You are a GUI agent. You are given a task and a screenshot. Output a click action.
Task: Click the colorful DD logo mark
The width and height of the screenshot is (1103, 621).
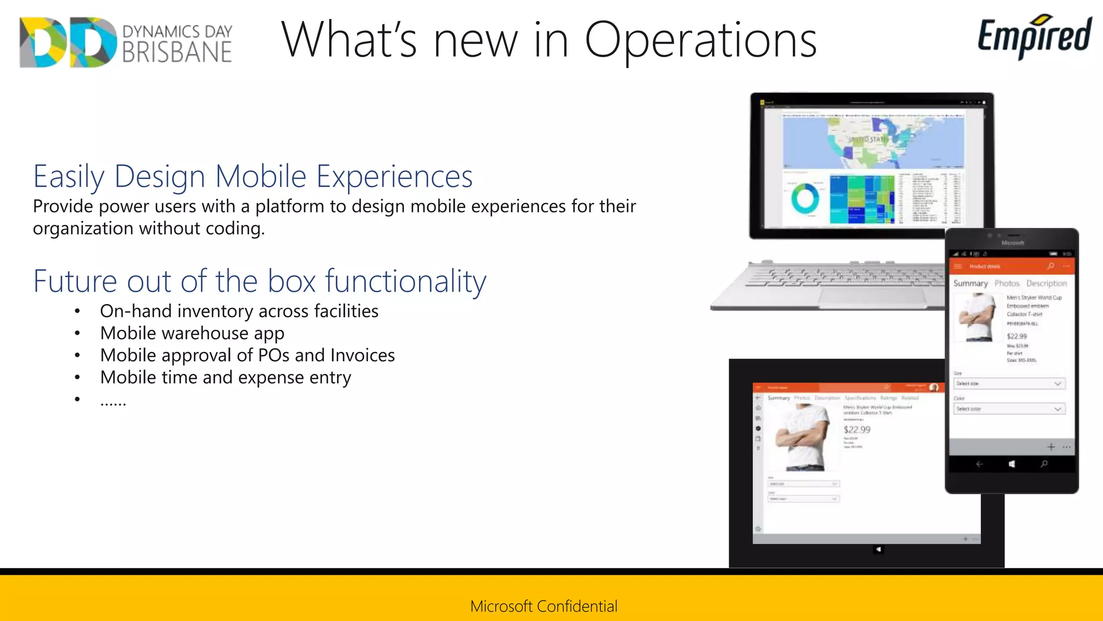click(x=67, y=42)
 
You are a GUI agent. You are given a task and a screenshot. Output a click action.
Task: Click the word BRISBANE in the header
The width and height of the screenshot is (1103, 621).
click(x=177, y=53)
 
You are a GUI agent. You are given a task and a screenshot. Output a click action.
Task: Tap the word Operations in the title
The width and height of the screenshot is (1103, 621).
click(x=700, y=40)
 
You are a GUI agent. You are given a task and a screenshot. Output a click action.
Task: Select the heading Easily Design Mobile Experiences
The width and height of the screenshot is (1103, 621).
click(x=253, y=176)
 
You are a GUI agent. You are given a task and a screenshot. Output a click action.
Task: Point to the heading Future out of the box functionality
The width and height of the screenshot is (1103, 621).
click(x=260, y=281)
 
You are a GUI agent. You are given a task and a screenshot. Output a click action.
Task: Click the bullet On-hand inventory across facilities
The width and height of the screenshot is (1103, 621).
click(x=239, y=311)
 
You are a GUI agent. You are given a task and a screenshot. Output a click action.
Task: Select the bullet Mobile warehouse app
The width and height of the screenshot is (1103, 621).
click(x=192, y=333)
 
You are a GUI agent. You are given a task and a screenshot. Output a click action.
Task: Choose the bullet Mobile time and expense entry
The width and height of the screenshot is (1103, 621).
click(x=225, y=377)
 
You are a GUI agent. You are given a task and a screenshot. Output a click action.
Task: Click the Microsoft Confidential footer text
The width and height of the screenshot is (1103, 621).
click(x=543, y=606)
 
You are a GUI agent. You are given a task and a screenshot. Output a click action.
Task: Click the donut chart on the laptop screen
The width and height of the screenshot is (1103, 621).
click(x=805, y=198)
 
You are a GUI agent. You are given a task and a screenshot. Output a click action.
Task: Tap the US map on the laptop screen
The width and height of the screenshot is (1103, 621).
click(x=872, y=141)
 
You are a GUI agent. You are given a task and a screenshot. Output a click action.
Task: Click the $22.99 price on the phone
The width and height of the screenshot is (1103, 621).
click(x=1017, y=336)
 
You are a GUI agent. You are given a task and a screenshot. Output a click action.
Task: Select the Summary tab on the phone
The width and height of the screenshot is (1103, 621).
click(x=971, y=283)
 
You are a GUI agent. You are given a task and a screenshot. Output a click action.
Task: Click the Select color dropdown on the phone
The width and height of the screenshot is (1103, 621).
click(x=1009, y=409)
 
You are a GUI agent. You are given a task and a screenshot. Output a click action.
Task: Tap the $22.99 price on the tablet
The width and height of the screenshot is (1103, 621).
click(x=856, y=430)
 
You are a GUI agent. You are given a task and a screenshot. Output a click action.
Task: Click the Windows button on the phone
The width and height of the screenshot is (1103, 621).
click(x=1012, y=464)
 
